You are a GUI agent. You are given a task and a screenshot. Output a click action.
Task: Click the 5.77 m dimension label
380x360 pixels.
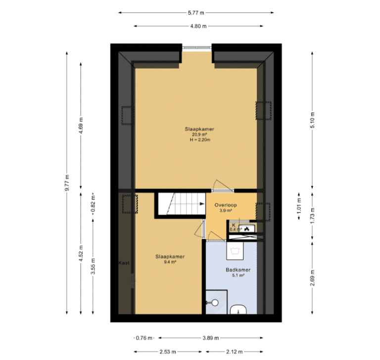[196, 13]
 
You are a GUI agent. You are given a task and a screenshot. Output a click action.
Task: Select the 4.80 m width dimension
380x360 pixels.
[198, 26]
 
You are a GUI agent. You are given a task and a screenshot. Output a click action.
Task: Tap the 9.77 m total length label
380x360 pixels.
[67, 182]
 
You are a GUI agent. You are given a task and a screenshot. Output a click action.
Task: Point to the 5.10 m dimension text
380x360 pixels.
[312, 120]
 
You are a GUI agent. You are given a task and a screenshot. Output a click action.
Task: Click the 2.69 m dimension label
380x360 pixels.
[312, 277]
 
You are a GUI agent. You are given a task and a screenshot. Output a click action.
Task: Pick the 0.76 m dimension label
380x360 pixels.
[144, 338]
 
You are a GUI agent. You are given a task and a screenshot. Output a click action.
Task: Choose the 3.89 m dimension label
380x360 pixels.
[211, 338]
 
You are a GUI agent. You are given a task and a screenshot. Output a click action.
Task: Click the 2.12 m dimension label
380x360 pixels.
[235, 352]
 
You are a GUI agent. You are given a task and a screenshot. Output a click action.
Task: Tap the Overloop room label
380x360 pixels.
[226, 205]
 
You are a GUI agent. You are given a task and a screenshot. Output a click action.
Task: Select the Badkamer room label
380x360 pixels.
[238, 270]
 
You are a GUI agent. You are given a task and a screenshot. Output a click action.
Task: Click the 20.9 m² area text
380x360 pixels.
[199, 135]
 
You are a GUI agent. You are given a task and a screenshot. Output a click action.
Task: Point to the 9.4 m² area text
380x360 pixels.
[170, 262]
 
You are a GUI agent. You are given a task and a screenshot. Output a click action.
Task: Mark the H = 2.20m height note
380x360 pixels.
[200, 140]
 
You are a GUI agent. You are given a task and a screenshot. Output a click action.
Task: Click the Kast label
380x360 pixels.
[124, 263]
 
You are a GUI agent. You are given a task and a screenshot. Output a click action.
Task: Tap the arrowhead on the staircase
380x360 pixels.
[202, 204]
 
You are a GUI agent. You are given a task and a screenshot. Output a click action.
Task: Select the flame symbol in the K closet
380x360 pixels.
[246, 228]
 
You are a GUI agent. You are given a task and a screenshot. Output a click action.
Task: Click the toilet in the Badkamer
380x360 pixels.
[238, 310]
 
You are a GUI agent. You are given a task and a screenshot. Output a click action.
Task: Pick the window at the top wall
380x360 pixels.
[197, 48]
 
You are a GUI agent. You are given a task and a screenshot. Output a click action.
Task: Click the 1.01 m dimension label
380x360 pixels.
[299, 206]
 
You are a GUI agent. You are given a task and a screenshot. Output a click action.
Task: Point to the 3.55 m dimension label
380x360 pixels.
[93, 266]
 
